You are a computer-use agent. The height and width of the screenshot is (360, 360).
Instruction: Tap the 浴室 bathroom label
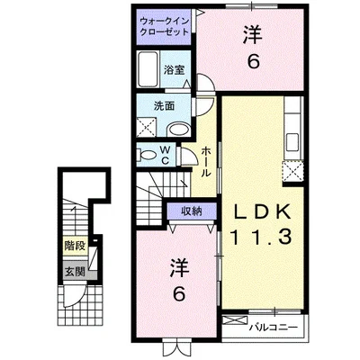tap(173, 67)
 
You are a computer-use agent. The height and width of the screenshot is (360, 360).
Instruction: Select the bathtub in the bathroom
tap(148, 67)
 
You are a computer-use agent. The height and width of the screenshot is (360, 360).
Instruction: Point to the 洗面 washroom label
tap(164, 104)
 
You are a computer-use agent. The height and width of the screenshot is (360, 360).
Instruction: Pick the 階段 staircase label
tap(74, 244)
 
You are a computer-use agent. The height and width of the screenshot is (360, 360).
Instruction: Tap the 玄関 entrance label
tap(74, 269)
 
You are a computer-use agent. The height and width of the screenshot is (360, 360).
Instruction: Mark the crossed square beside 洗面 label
tap(144, 126)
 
